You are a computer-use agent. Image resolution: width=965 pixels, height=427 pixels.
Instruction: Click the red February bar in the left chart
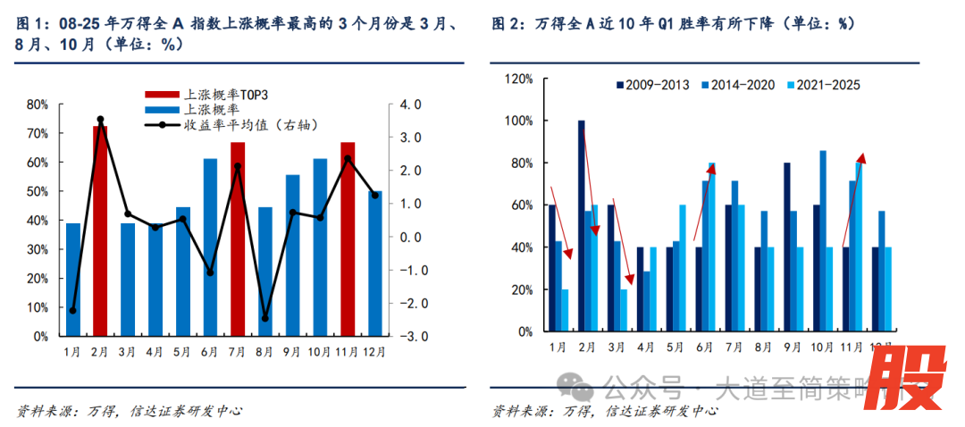tap(100, 232)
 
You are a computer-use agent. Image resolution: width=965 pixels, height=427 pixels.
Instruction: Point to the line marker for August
tap(265, 318)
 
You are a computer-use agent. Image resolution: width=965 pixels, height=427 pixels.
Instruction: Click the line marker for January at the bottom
tap(73, 310)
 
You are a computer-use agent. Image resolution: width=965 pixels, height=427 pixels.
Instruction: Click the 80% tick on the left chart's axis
tap(38, 105)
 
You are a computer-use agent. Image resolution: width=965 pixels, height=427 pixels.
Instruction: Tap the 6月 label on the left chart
tap(210, 353)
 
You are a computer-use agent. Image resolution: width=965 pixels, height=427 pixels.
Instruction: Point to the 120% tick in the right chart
tap(518, 79)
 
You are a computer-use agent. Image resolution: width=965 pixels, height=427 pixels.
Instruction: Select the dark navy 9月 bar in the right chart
tap(787, 247)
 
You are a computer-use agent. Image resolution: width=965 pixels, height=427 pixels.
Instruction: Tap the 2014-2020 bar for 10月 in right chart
tap(822, 241)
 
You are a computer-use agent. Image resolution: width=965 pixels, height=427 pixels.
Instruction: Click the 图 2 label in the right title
tap(508, 24)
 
